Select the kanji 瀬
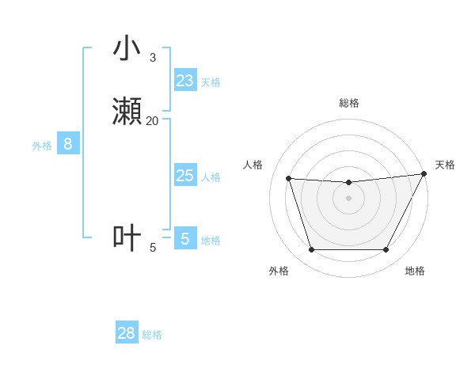tap(127, 112)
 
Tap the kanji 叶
tap(127, 238)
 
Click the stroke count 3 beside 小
tap(152, 58)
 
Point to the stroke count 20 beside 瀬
tap(152, 120)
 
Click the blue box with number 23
tap(185, 81)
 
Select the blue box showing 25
tap(185, 176)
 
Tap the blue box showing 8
tap(68, 144)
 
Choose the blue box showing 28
tap(127, 333)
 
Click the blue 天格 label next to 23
tap(211, 82)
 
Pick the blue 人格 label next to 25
tap(211, 177)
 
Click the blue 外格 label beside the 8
tap(42, 146)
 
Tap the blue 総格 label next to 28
tap(152, 335)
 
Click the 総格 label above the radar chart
tap(348, 103)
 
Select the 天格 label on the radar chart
tap(445, 165)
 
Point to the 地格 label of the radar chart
tap(415, 271)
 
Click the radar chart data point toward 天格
tap(424, 175)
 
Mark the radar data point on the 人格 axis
tap(288, 179)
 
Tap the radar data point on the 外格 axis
tap(311, 250)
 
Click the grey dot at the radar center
tap(348, 199)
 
